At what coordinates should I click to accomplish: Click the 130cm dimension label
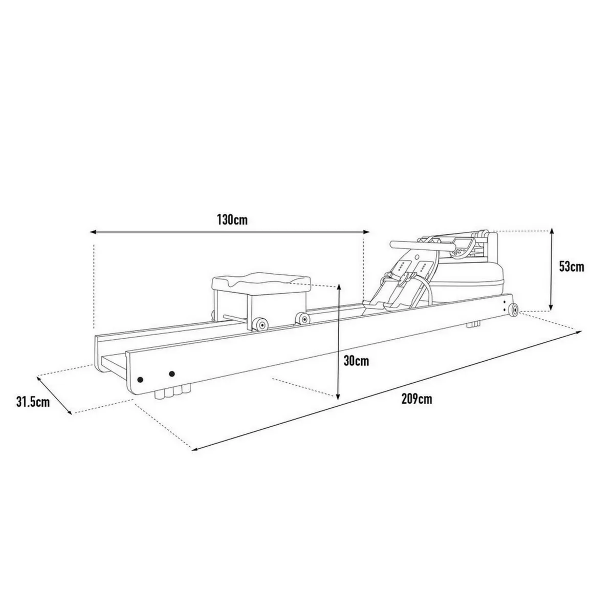pyautogui.click(x=232, y=220)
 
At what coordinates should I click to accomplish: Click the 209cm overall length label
pyautogui.click(x=417, y=399)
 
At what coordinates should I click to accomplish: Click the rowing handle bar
pyautogui.click(x=423, y=245)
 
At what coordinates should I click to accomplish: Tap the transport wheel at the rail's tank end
pyautogui.click(x=513, y=310)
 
